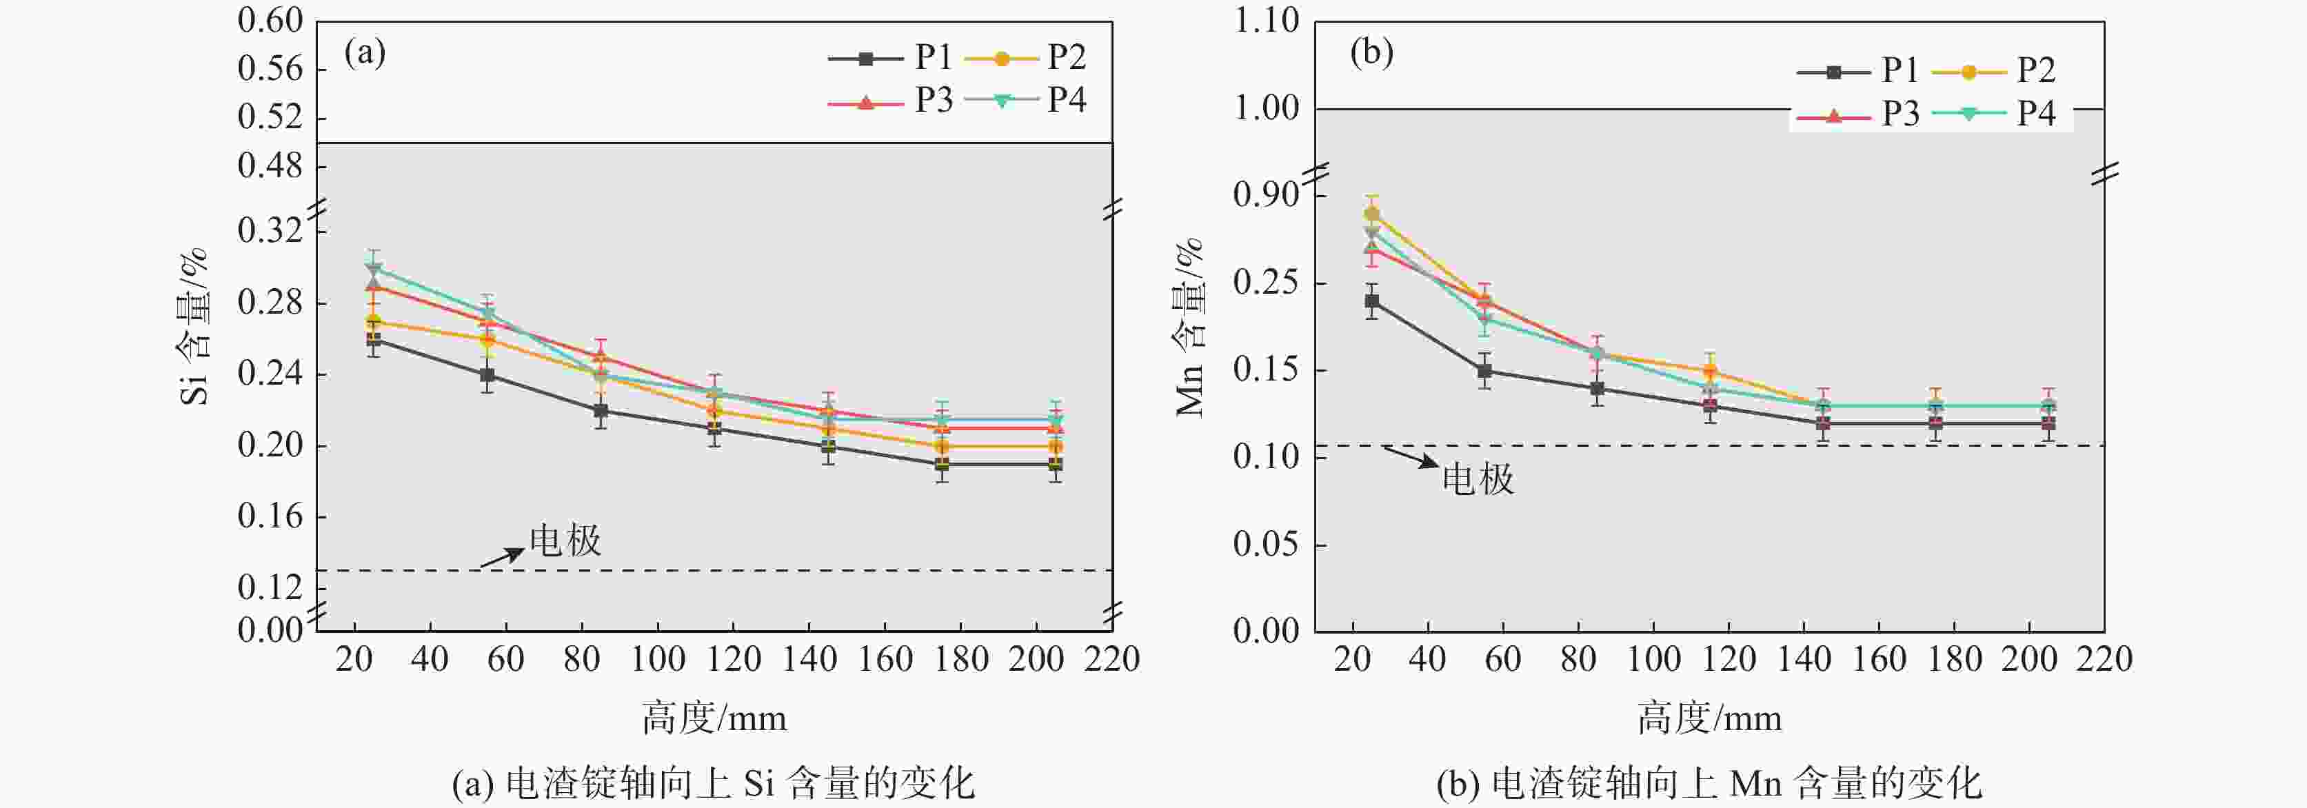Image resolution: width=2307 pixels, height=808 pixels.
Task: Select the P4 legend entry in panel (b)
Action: [2002, 114]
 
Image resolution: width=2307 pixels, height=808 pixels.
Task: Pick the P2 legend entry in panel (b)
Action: [2002, 70]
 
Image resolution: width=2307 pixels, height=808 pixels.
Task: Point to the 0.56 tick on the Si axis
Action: [270, 68]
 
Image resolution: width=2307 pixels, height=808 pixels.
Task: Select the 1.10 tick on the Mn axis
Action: [1267, 20]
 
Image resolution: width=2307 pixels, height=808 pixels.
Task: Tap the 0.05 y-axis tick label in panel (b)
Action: [1267, 544]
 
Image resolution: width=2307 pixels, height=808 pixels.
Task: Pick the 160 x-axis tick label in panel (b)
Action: [1879, 659]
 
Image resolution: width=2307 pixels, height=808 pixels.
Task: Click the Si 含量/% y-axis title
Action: [194, 327]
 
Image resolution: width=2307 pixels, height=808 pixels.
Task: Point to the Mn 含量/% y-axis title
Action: [1190, 327]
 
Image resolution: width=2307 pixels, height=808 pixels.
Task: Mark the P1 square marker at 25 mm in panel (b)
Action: [1372, 301]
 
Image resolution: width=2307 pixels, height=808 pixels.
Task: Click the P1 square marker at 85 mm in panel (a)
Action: [600, 410]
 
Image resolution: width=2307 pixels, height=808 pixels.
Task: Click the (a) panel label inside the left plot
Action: [365, 53]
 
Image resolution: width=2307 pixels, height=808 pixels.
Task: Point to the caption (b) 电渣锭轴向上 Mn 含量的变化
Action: [1709, 784]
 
